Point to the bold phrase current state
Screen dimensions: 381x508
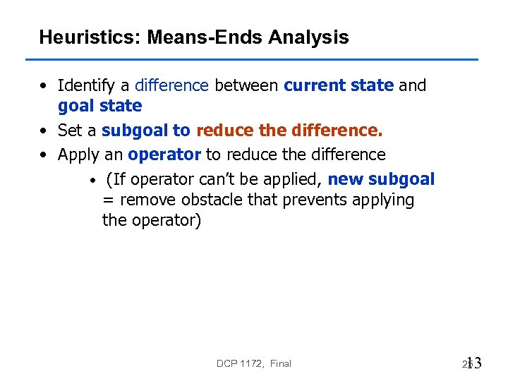point(339,86)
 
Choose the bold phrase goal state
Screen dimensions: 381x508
point(99,107)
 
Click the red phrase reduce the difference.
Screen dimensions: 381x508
point(289,131)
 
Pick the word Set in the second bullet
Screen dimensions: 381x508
point(69,131)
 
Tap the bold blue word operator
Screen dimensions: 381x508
point(164,155)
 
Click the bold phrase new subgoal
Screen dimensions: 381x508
point(381,179)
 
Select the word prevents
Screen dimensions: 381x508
point(311,200)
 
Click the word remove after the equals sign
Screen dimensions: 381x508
point(147,200)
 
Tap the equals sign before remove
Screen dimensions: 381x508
point(109,200)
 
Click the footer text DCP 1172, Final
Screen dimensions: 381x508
point(254,363)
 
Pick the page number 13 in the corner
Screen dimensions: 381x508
point(473,363)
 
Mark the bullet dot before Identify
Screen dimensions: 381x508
point(44,87)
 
